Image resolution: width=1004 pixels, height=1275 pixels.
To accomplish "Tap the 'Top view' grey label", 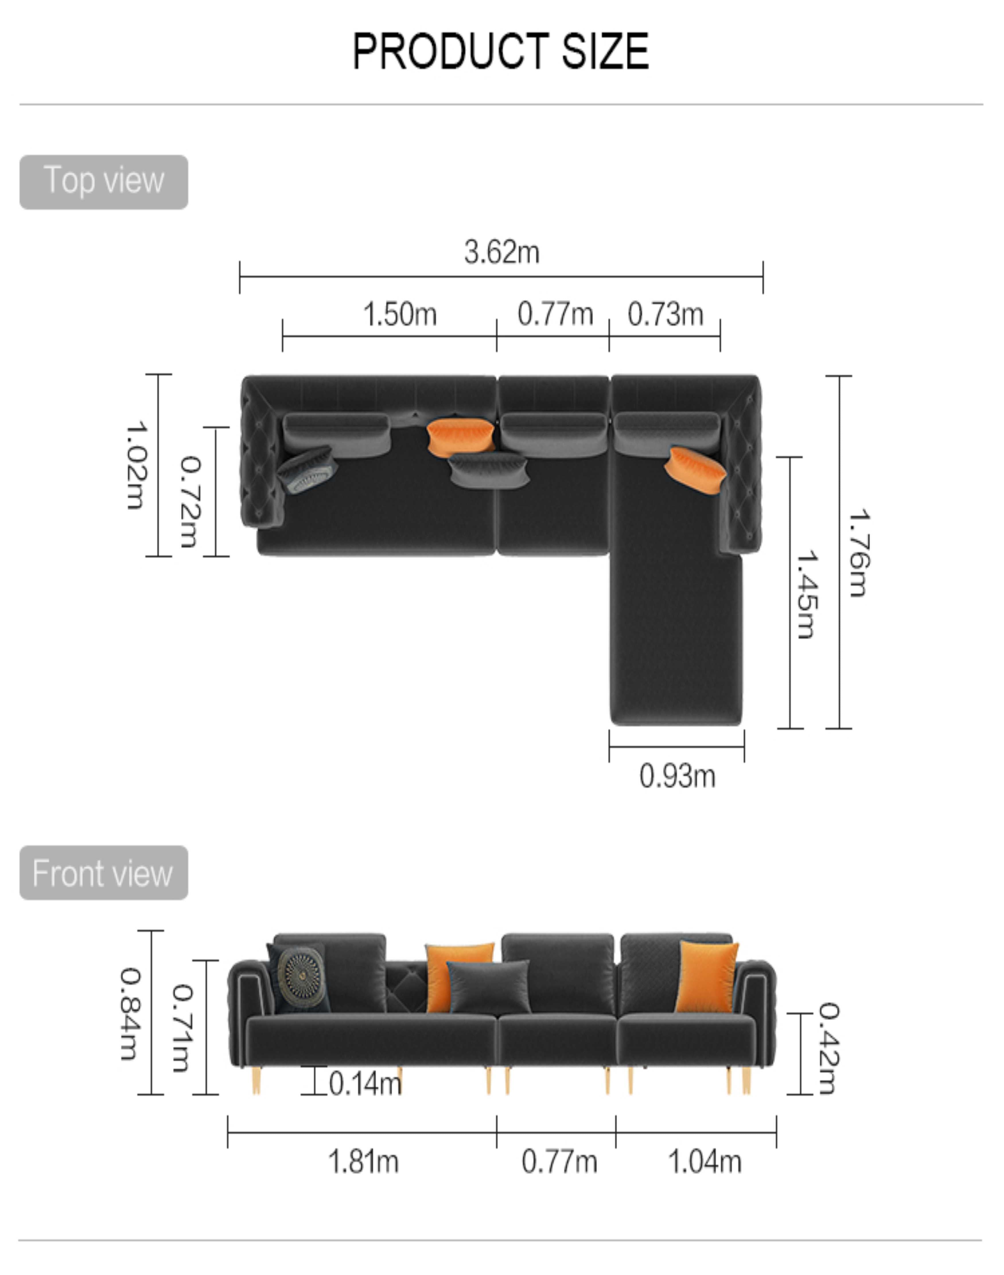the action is click(104, 182).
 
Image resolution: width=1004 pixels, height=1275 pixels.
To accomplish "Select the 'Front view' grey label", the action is click(104, 873).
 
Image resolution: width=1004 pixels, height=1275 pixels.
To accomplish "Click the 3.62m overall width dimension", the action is click(501, 252).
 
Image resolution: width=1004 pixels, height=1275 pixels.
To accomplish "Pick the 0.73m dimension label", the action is click(666, 314).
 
